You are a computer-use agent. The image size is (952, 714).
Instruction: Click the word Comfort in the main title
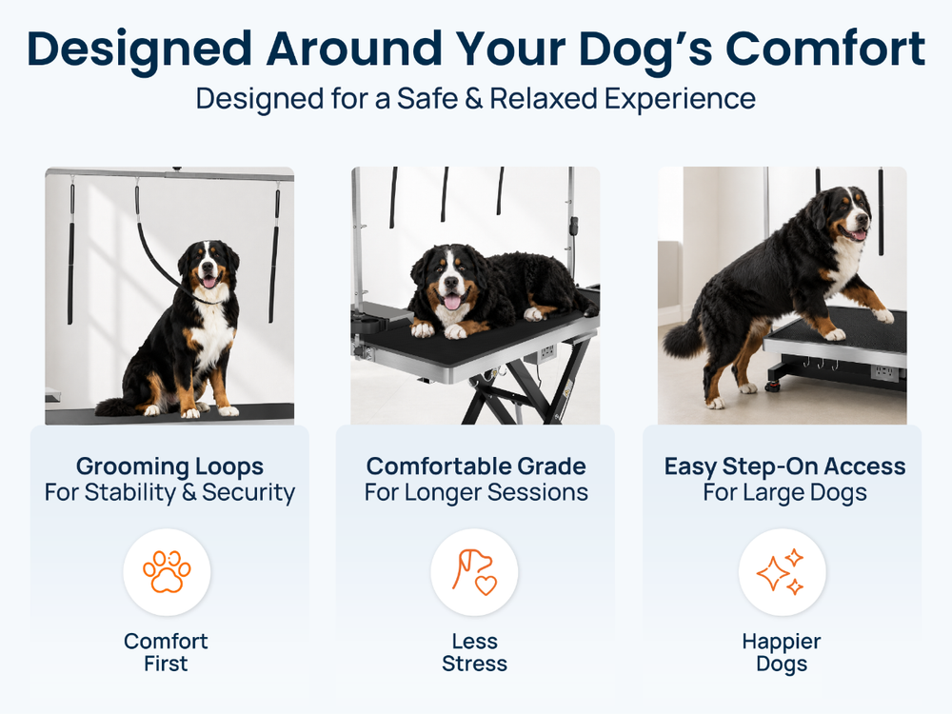tap(825, 49)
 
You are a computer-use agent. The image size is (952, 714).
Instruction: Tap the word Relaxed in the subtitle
tap(544, 98)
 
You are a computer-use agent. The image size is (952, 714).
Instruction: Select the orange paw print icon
tap(167, 571)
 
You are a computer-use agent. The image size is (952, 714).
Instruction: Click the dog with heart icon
tap(474, 572)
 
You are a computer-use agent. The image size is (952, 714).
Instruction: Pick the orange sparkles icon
tap(781, 572)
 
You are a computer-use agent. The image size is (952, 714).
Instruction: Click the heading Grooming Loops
tap(169, 466)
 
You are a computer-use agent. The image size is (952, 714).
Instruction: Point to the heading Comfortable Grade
tap(476, 466)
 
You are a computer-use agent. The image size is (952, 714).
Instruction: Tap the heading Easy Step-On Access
tap(784, 466)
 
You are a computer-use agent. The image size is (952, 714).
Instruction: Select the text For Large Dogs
tap(784, 492)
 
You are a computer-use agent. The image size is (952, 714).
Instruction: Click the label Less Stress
tap(474, 652)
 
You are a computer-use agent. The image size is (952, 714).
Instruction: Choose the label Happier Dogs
tap(782, 653)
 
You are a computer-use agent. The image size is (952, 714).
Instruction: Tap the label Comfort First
tap(166, 652)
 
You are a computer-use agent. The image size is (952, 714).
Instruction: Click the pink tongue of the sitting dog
tap(208, 281)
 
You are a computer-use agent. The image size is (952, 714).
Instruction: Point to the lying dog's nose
tap(450, 283)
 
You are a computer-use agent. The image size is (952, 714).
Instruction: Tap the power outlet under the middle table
tap(547, 351)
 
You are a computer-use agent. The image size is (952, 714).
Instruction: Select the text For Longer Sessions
tap(476, 492)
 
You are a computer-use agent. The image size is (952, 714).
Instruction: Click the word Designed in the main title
tap(139, 50)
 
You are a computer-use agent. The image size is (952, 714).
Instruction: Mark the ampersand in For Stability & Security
tap(188, 492)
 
